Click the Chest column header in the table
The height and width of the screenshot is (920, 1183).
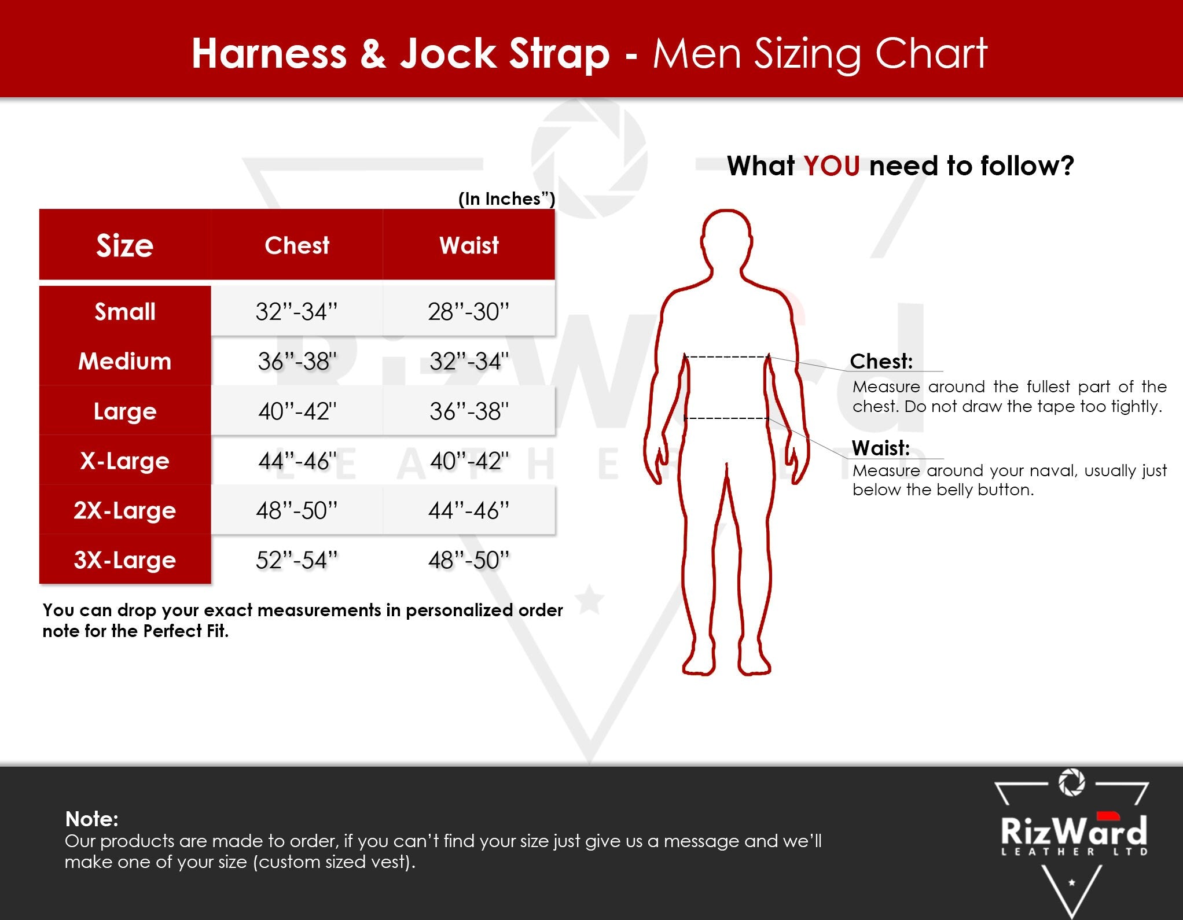click(x=297, y=245)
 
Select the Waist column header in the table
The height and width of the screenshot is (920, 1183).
click(x=469, y=245)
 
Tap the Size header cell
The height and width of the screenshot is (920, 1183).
click(x=125, y=245)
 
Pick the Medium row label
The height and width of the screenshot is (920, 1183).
click(x=125, y=361)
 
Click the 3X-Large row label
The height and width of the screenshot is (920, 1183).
click(x=125, y=560)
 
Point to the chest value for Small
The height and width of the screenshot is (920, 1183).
click(x=296, y=311)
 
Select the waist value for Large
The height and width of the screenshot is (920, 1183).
click(x=469, y=411)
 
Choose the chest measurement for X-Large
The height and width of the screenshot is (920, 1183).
click(x=297, y=461)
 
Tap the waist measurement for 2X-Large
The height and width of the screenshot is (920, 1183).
click(x=469, y=510)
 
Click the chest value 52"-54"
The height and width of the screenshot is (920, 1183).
click(x=296, y=560)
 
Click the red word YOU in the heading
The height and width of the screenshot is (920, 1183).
click(x=831, y=166)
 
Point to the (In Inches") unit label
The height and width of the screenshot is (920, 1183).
click(x=507, y=198)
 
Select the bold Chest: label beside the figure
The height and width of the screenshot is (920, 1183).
click(x=881, y=361)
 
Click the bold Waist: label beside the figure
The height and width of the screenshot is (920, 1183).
click(x=880, y=448)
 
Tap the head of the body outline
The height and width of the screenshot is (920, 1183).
click(x=726, y=237)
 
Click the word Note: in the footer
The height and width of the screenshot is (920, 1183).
click(x=92, y=819)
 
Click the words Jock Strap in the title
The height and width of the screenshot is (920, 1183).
click(x=505, y=54)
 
